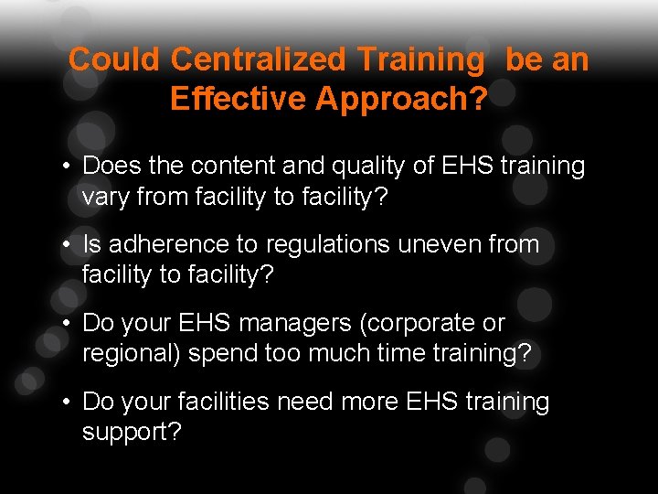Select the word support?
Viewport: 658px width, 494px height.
coord(132,431)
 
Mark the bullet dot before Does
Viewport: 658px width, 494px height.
coord(69,167)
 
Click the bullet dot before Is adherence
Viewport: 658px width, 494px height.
coord(69,246)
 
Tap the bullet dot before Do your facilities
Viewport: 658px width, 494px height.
coord(69,403)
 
